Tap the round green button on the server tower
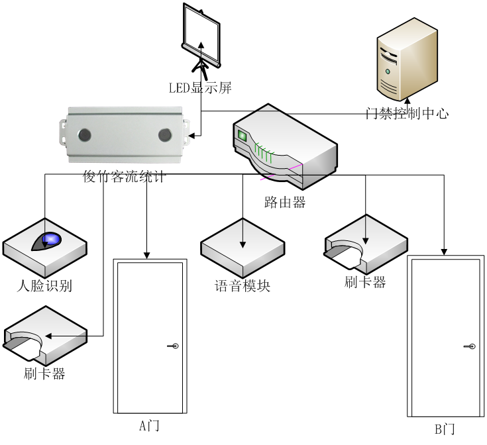[388, 71]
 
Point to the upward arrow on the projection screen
[201, 48]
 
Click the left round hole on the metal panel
[85, 135]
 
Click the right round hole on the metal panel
[165, 135]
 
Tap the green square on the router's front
[242, 136]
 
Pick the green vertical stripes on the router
[264, 154]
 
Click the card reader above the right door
[366, 244]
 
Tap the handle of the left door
[174, 346]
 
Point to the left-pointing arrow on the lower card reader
[63, 336]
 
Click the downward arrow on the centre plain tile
[243, 235]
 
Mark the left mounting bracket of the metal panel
[64, 133]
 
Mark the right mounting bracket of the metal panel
[187, 132]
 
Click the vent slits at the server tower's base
[389, 87]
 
